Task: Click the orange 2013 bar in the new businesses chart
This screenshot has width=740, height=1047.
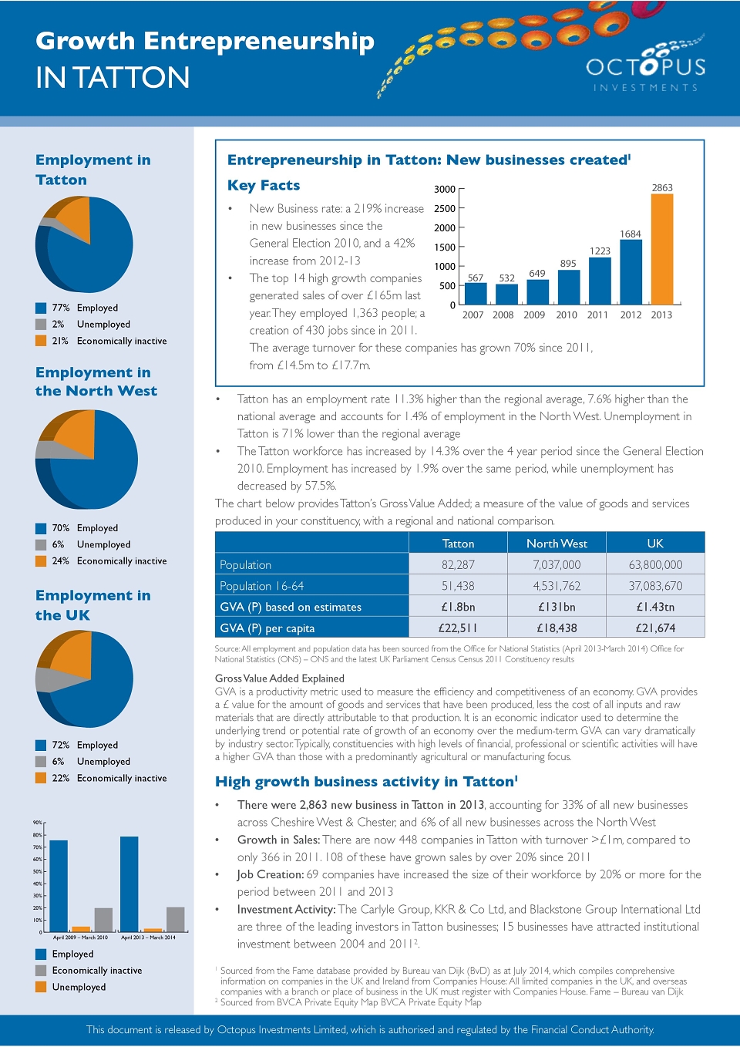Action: coord(662,249)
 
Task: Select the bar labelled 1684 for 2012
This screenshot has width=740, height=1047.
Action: coord(631,272)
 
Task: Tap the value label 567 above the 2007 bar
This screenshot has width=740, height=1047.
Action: coord(476,278)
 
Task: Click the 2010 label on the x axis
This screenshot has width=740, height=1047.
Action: coord(567,315)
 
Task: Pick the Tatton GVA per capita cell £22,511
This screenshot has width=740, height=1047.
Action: coord(458,628)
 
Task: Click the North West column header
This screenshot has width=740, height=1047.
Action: coord(557,543)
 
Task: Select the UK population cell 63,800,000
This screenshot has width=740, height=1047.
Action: coord(655,564)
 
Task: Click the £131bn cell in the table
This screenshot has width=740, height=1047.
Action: coord(557,607)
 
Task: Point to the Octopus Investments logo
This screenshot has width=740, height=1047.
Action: coord(645,66)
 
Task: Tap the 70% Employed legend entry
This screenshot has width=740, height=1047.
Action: coord(76,527)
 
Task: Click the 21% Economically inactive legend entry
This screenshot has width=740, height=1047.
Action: coord(101,341)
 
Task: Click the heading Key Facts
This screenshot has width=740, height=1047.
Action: coord(264,185)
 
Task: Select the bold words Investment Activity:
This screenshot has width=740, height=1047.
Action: coord(287,909)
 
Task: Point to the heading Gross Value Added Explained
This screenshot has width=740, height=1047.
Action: coord(279,678)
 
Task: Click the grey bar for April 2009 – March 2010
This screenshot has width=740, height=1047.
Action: coord(104,920)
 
